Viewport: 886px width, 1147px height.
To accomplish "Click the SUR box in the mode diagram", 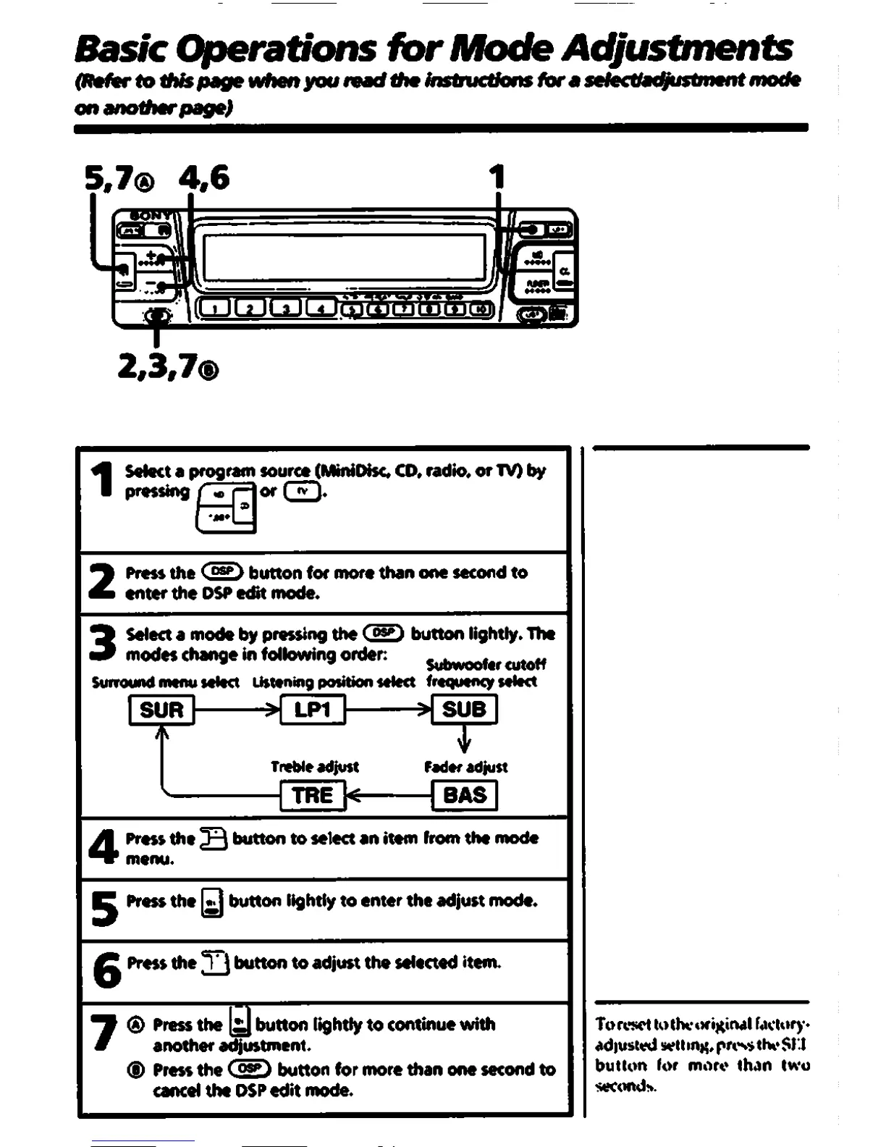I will point(161,710).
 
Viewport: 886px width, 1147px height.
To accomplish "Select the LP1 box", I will point(312,710).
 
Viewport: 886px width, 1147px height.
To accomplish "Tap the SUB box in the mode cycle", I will point(464,710).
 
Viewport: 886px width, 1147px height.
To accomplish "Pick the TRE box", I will point(312,795).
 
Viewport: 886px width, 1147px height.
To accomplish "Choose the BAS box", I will point(464,795).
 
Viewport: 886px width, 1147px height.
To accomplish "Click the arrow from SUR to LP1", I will point(237,710).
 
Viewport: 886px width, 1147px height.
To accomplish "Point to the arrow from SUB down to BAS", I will point(464,741).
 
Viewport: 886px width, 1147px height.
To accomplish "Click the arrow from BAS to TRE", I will point(388,796).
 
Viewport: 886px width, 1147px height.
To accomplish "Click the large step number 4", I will point(103,847).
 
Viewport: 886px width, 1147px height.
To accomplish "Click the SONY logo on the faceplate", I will point(151,216).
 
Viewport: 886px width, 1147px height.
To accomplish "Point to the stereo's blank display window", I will point(344,261).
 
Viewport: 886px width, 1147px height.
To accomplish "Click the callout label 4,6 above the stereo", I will point(206,178).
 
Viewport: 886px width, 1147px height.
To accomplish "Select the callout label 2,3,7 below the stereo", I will point(166,368).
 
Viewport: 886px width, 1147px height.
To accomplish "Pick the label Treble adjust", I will point(314,767).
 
